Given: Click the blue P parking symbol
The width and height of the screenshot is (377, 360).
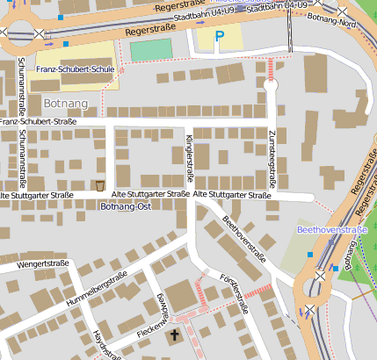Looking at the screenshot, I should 220,38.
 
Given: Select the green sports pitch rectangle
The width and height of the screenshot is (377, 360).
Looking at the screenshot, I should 151,49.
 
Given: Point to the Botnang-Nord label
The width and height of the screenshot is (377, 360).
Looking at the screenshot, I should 333,18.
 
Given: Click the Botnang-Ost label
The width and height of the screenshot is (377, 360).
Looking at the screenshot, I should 126,206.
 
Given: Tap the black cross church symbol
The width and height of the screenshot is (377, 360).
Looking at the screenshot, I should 174,335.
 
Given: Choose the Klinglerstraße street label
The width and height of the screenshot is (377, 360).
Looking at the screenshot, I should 188,146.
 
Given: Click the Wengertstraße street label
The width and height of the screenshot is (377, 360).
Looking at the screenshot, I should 42,263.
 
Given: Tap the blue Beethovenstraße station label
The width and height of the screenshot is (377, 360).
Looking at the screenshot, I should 331,230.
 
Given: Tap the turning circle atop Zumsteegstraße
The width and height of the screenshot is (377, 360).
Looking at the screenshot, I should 271,85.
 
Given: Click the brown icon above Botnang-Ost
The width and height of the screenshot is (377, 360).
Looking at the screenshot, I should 101,185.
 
